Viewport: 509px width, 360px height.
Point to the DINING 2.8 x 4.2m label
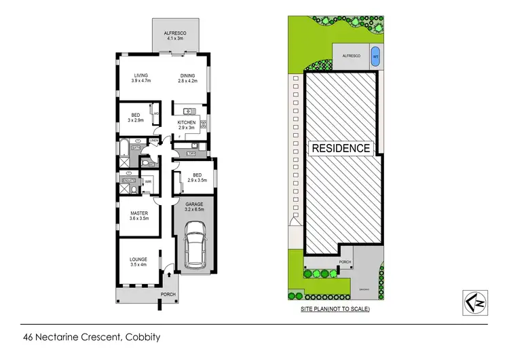point(188,79)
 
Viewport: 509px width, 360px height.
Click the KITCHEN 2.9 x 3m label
point(187,125)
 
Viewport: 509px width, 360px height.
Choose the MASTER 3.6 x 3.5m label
point(139,216)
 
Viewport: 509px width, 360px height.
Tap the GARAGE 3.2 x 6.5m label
point(195,206)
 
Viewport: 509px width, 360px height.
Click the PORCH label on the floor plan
point(168,295)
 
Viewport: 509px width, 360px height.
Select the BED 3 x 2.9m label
point(136,118)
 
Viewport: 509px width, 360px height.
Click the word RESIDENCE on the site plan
point(341,148)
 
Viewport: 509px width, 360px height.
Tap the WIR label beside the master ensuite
point(148,181)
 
